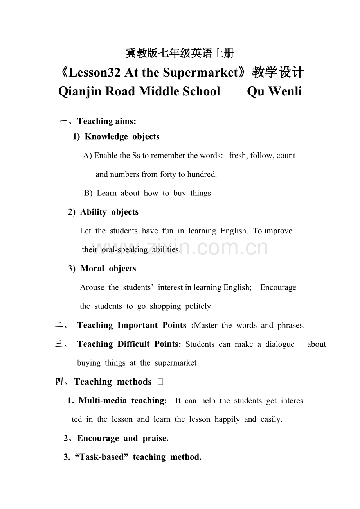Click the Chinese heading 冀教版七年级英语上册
coord(180,53)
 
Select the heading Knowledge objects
coord(122,137)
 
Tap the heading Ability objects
coord(109,212)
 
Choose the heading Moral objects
coord(108,269)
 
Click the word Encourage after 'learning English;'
coord(278,287)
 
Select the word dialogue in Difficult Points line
coord(280,344)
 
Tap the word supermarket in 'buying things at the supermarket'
coord(176,363)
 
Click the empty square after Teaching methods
coord(160,382)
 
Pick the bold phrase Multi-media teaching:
coord(122,401)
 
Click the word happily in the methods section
coord(227,419)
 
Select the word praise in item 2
coord(155,439)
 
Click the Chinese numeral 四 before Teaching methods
coord(59,382)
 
